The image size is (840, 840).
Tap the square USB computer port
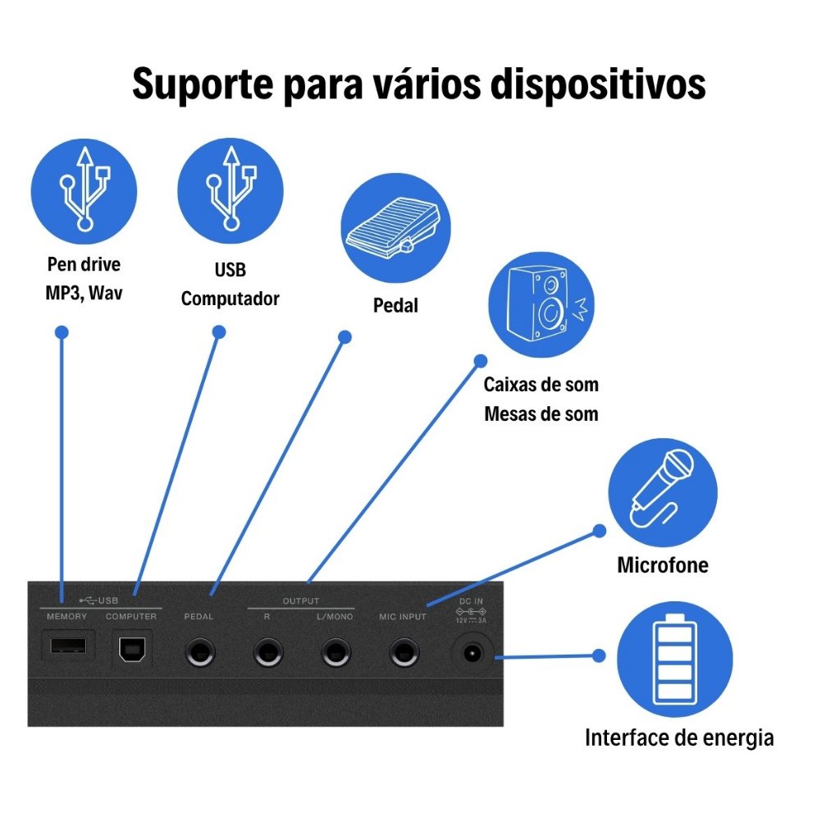click(130, 649)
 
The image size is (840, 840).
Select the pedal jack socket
click(199, 654)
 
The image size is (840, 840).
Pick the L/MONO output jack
click(335, 654)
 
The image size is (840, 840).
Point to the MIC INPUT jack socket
click(402, 654)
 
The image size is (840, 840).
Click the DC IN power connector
click(472, 654)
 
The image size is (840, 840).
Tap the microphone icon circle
click(662, 493)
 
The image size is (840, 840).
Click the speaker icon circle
click(541, 304)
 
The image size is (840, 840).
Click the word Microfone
click(662, 565)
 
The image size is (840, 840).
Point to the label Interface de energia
click(679, 737)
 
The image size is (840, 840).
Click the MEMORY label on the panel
click(66, 616)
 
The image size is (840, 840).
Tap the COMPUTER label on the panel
click(131, 616)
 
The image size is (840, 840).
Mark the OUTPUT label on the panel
click(301, 601)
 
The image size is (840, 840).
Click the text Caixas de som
click(541, 384)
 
